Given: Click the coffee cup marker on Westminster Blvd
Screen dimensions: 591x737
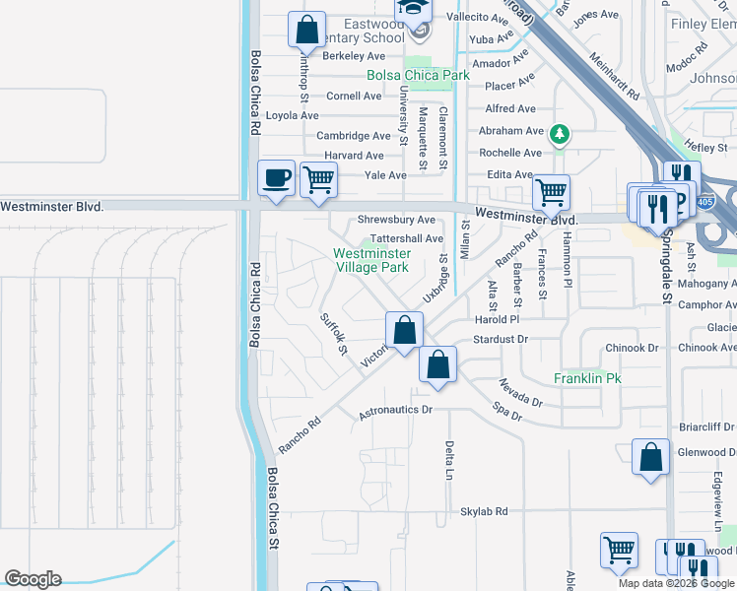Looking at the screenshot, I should click(x=276, y=179).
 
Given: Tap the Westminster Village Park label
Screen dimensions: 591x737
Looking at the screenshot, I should click(x=371, y=260).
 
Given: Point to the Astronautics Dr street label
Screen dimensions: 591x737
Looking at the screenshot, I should click(x=395, y=409).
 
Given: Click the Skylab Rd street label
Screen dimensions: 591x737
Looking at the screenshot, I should click(x=484, y=512).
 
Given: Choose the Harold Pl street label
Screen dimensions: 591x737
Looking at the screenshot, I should click(x=496, y=320).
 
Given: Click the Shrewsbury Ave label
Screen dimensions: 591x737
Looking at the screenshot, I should click(x=396, y=220).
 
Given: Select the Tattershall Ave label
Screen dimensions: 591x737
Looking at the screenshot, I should click(x=407, y=238).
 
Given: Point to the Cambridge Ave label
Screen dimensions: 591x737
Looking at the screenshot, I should click(x=354, y=136).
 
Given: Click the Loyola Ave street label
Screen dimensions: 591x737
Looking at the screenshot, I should click(x=292, y=115).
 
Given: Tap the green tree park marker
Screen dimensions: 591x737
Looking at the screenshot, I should click(x=559, y=133).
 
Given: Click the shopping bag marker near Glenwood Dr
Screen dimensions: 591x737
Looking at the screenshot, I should click(x=650, y=457).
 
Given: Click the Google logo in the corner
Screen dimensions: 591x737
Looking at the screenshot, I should click(x=33, y=579).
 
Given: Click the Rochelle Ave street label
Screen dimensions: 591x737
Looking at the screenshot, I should click(x=510, y=153).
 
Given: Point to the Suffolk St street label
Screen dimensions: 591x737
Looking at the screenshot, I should click(x=335, y=335).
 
